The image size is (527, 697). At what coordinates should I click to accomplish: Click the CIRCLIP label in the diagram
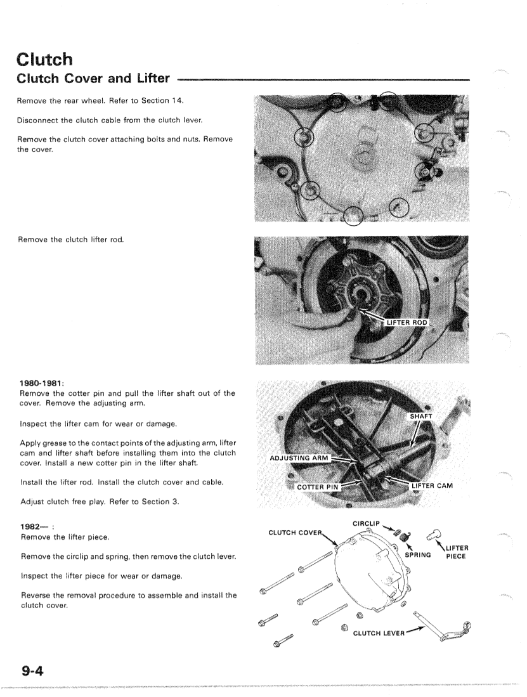click(365, 524)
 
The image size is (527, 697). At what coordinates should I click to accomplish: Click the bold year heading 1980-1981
click(42, 384)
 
